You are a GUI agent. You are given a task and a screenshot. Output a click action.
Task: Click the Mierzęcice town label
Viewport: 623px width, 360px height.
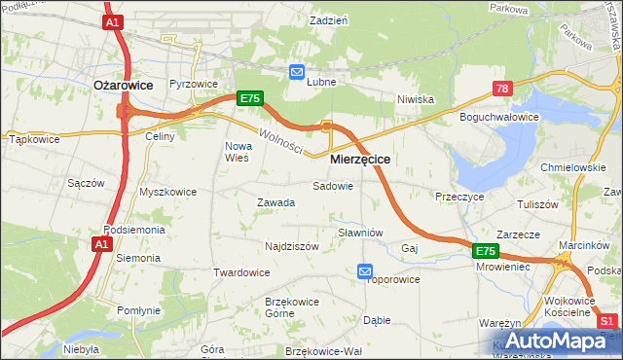coord(360,158)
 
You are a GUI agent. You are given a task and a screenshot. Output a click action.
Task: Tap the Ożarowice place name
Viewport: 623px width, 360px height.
coord(123,86)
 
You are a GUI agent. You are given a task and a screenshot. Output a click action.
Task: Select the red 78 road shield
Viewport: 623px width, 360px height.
coord(501,89)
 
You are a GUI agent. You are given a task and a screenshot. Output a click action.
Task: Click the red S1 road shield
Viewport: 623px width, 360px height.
coord(607,321)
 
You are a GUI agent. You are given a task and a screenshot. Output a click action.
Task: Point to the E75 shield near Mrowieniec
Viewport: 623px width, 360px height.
coord(487,251)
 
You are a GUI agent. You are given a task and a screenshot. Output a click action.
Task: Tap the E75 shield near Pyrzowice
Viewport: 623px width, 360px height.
coord(249,98)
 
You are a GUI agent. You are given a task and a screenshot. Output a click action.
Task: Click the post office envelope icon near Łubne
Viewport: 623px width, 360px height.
coord(297,71)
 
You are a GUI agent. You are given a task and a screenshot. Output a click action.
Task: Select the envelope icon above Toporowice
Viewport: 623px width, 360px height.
coord(364,270)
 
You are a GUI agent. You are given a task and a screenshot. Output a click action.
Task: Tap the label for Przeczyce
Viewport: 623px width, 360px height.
coord(460,196)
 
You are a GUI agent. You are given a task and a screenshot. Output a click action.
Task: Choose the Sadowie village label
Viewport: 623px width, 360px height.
coord(332,185)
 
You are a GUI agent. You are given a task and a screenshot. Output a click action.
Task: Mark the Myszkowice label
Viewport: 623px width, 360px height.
coord(167,192)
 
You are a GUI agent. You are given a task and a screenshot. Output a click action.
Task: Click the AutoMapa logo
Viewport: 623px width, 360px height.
coord(554,342)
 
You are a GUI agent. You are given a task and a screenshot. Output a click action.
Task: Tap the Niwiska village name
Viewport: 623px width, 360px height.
coord(415,99)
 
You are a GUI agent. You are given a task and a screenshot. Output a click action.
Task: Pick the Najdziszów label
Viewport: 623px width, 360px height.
coord(292,246)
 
